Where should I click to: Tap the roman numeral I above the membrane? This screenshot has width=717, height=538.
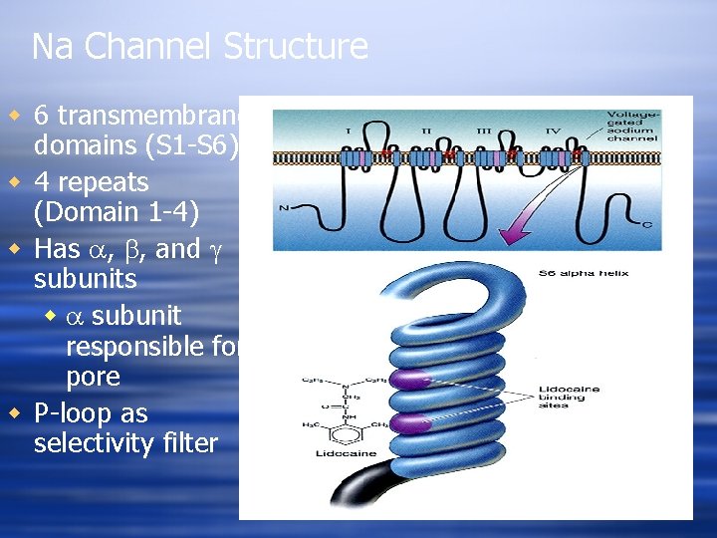click(348, 130)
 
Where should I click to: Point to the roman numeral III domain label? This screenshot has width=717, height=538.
click(485, 130)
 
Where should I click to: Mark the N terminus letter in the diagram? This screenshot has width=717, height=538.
click(285, 208)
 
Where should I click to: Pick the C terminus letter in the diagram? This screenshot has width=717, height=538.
click(647, 224)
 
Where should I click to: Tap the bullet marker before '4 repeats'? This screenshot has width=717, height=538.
click(15, 182)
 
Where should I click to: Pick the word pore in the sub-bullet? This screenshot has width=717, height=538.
click(93, 378)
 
